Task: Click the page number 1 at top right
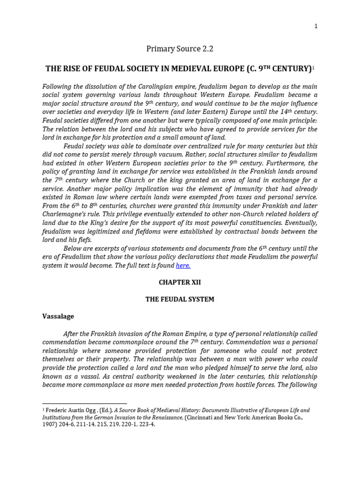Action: (x=316, y=26)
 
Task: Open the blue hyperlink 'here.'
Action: (x=183, y=265)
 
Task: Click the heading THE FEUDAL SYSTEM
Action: (x=180, y=299)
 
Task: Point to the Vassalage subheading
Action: (x=58, y=316)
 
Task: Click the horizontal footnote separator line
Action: (x=84, y=403)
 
